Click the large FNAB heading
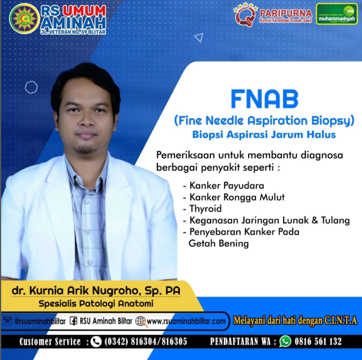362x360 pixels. tap(264, 99)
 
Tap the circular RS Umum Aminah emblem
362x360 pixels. tap(24, 19)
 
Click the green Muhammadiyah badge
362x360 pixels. tap(337, 14)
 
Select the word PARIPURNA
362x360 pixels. tap(286, 13)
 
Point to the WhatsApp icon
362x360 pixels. tap(285, 341)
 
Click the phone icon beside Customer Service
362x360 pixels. tap(96, 342)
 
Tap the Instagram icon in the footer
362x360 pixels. tap(7, 321)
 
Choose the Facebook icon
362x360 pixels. tap(73, 321)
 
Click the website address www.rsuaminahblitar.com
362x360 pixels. tap(186, 321)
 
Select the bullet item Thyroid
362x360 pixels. tap(205, 209)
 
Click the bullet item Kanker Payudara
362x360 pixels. tap(227, 185)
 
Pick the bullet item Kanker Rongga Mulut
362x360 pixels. tap(237, 197)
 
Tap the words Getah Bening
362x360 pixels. tap(219, 243)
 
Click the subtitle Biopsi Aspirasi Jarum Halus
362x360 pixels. tap(264, 135)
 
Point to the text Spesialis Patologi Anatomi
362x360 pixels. tap(96, 303)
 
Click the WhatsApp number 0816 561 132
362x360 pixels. tap(318, 341)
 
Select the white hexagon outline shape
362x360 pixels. tap(31, 87)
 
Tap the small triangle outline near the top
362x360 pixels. tap(199, 38)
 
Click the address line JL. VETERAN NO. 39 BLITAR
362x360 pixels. tap(73, 32)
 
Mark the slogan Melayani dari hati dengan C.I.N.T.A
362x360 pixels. tap(295, 320)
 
